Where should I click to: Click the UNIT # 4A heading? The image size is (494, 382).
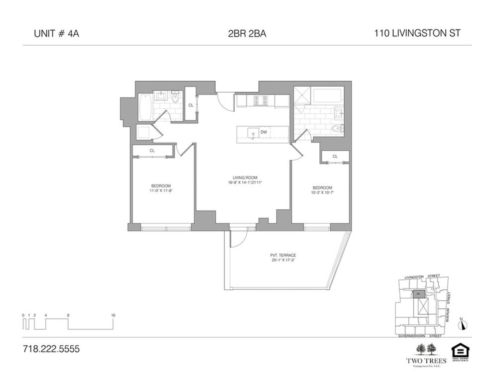[56, 34]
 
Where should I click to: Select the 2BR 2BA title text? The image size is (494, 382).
[247, 34]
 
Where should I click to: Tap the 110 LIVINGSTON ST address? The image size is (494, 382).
[417, 34]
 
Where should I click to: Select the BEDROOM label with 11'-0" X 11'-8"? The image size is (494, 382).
[161, 186]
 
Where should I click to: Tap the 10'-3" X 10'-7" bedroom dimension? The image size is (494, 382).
[322, 192]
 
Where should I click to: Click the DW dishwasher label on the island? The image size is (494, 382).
[264, 132]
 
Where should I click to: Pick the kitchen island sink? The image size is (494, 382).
[251, 133]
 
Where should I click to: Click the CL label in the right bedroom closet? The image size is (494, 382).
[335, 156]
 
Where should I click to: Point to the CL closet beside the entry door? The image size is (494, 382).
[191, 105]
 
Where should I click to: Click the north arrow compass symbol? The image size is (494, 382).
[463, 324]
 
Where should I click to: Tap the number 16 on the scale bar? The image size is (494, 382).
[113, 315]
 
